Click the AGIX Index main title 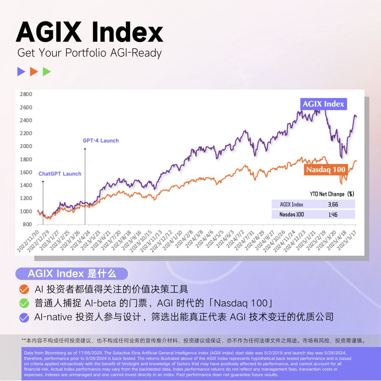click(90, 32)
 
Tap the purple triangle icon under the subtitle click(21, 72)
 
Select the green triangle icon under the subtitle click(47, 72)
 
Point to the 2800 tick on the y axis click(26, 94)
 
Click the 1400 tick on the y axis click(26, 185)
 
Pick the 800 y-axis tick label click(28, 224)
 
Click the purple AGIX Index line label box click(323, 104)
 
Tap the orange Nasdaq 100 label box click(326, 169)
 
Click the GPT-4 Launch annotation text click(101, 140)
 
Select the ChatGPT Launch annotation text click(60, 174)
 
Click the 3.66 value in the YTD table click(333, 204)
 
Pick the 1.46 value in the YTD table click(333, 214)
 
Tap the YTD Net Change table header click(332, 194)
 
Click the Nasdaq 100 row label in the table click(292, 214)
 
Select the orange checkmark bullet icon click(24, 290)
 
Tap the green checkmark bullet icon click(24, 303)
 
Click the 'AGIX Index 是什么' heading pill click(72, 273)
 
